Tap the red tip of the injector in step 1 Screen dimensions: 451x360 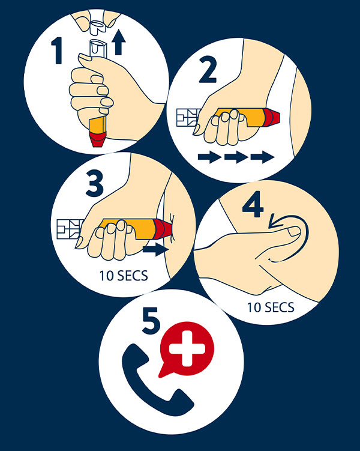[98, 140]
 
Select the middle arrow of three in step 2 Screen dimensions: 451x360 [235, 157]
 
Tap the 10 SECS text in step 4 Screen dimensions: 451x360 [271, 308]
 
